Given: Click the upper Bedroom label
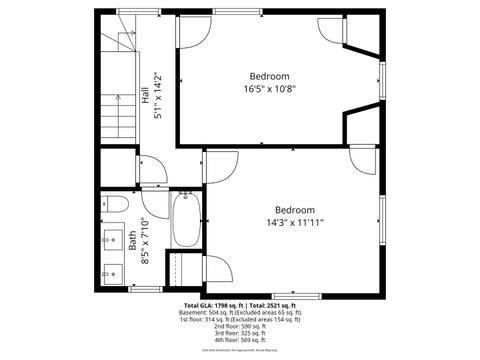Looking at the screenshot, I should point(269,76).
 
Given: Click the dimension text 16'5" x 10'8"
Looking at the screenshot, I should point(269,89).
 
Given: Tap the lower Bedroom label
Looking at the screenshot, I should point(295,209).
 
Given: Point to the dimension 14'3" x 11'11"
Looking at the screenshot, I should point(295,222).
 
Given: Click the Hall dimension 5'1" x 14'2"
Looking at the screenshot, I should point(158,96).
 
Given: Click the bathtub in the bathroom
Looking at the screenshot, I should point(187,221).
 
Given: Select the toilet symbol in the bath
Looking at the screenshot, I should point(113,207).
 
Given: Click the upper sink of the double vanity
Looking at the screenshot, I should point(110,239).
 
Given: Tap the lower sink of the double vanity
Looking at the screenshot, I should point(110,271).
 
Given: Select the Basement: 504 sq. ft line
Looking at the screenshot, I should point(240,312).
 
